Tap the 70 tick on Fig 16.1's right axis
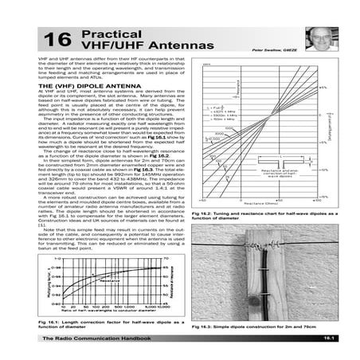168,260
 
